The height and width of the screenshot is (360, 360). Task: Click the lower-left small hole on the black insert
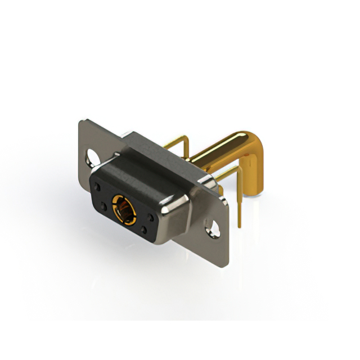click(x=103, y=208)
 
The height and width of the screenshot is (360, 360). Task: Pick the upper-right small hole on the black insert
click(x=150, y=217)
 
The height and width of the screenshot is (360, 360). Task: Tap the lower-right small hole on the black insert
click(x=145, y=229)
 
